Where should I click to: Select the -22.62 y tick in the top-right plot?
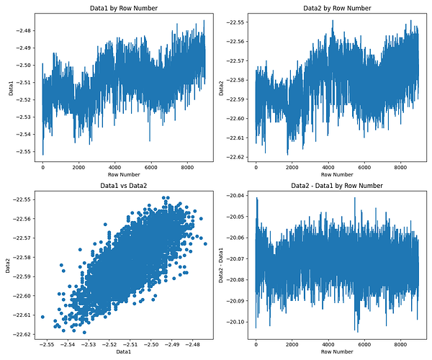(x=235, y=157)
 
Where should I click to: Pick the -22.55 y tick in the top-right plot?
(x=235, y=22)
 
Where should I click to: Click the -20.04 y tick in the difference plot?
(x=235, y=195)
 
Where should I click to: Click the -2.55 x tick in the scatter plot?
(x=48, y=345)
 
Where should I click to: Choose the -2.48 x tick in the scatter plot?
(x=192, y=345)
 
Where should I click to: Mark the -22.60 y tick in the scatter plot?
(x=22, y=296)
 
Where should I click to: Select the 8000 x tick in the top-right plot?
(x=400, y=168)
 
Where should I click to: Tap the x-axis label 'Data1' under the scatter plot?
(x=123, y=353)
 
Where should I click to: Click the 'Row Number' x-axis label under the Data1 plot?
(x=123, y=175)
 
